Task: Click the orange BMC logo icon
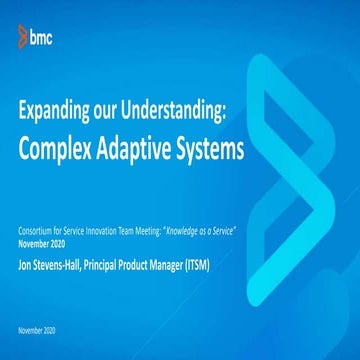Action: point(21,38)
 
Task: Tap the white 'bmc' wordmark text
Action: point(41,38)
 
